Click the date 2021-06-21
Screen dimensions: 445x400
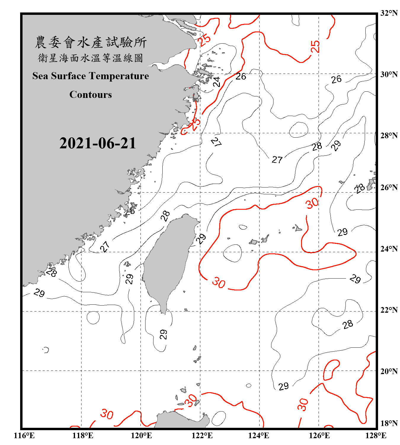coord(97,143)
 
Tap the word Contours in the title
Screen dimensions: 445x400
coord(91,95)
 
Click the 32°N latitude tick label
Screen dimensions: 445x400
coord(389,13)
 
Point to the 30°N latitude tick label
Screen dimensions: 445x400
coord(389,74)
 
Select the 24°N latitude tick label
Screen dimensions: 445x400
coord(389,249)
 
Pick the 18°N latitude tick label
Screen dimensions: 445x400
coord(389,423)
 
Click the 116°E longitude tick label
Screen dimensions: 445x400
coord(24,436)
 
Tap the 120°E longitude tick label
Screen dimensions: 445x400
coord(141,436)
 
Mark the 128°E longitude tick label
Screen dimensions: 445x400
coord(376,436)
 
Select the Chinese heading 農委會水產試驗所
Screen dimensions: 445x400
coord(91,42)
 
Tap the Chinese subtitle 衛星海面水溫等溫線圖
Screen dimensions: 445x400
coord(91,58)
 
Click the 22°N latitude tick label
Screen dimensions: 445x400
coord(389,310)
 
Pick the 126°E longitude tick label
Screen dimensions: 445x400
coord(319,436)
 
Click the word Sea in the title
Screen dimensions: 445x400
coord(41,76)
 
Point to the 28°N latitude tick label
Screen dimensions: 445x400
coord(389,135)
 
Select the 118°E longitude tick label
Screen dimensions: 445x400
coord(83,436)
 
